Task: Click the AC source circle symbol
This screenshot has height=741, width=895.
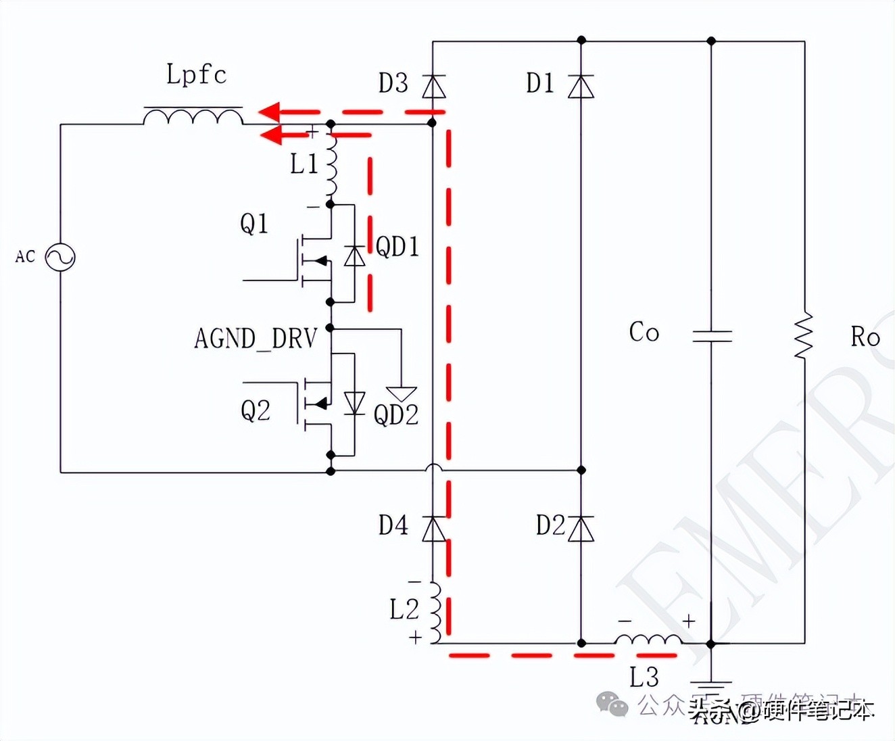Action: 60,257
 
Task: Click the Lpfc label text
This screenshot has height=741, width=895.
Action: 196,74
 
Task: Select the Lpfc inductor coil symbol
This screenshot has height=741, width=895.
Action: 193,116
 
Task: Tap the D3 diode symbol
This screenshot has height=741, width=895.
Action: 433,87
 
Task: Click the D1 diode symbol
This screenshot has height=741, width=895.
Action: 581,87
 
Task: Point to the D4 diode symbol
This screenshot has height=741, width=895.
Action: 433,528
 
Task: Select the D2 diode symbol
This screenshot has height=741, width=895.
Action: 581,528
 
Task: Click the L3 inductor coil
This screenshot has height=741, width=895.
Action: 648,639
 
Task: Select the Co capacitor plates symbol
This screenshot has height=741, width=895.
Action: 712,335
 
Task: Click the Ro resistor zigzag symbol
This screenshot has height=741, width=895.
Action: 804,336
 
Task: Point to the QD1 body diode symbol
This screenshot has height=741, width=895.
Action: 354,256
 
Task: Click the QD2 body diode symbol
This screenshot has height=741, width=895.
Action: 354,403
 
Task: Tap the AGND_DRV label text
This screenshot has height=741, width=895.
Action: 256,338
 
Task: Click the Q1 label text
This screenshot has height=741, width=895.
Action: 254,223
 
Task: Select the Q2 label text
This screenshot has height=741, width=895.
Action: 256,410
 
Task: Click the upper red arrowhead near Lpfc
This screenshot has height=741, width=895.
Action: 270,111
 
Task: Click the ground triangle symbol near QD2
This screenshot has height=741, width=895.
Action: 402,393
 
